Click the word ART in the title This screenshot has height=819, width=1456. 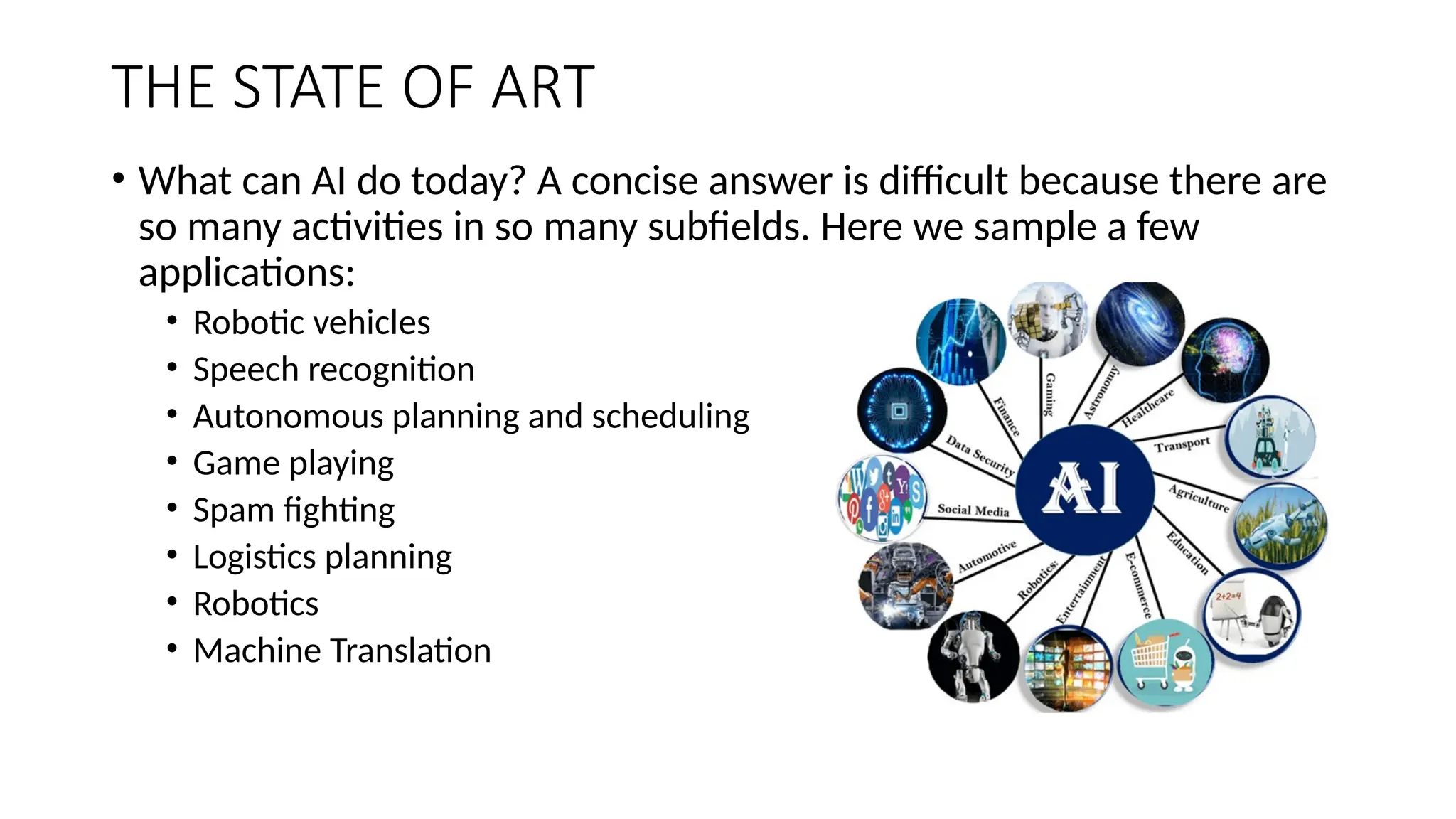point(542,87)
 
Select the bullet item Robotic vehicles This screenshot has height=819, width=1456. point(311,323)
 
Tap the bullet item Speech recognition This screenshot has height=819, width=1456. point(333,370)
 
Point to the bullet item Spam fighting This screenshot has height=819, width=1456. point(293,510)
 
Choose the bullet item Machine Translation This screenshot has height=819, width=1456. point(341,651)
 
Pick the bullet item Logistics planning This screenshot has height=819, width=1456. point(321,557)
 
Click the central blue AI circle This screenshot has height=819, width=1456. point(1083,489)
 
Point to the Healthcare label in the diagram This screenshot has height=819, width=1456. point(1147,407)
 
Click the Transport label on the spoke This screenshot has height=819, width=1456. point(1182,444)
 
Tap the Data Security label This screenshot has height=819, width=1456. point(980,455)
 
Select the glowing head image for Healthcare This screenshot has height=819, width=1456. point(1225,359)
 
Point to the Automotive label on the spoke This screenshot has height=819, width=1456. point(987,557)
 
